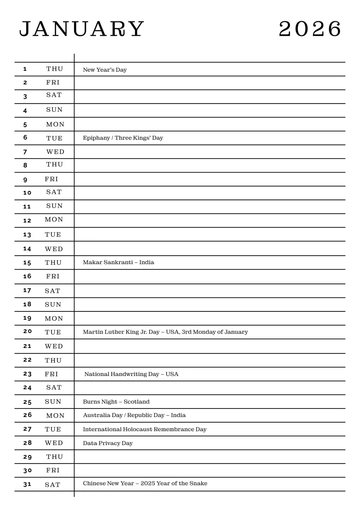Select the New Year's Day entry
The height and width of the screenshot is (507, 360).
pos(105,70)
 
